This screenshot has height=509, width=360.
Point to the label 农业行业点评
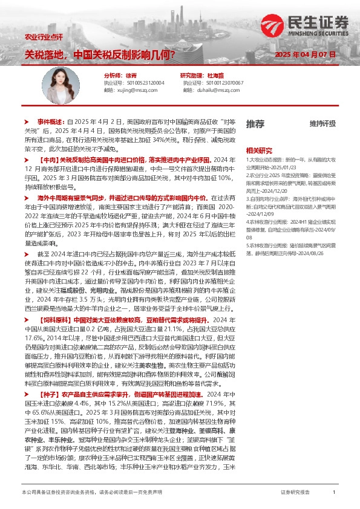pyautogui.click(x=44, y=37)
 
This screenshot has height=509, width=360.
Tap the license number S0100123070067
pyautogui.click(x=220, y=82)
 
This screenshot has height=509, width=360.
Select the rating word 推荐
pyautogui.click(x=255, y=123)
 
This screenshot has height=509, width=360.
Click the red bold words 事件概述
pyautogui.click(x=51, y=104)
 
